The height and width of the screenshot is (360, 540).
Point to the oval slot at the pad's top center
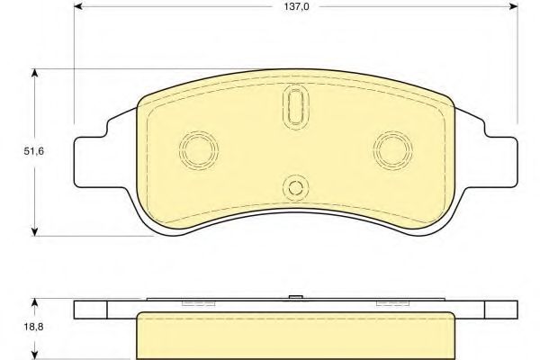point(294,107)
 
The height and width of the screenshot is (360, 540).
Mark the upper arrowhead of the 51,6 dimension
point(35,75)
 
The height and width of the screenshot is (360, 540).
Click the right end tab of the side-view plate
point(501,309)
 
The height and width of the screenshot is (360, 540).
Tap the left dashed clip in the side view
point(193,303)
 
